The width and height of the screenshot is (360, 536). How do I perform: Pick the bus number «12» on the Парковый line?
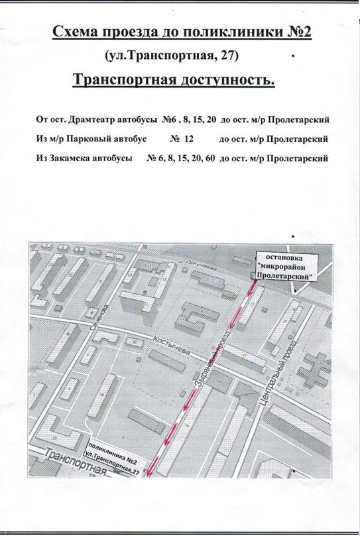(188, 140)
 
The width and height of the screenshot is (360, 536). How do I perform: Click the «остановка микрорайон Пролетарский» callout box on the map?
(284, 265)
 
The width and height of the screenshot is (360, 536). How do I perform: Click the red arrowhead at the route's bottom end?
(150, 472)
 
